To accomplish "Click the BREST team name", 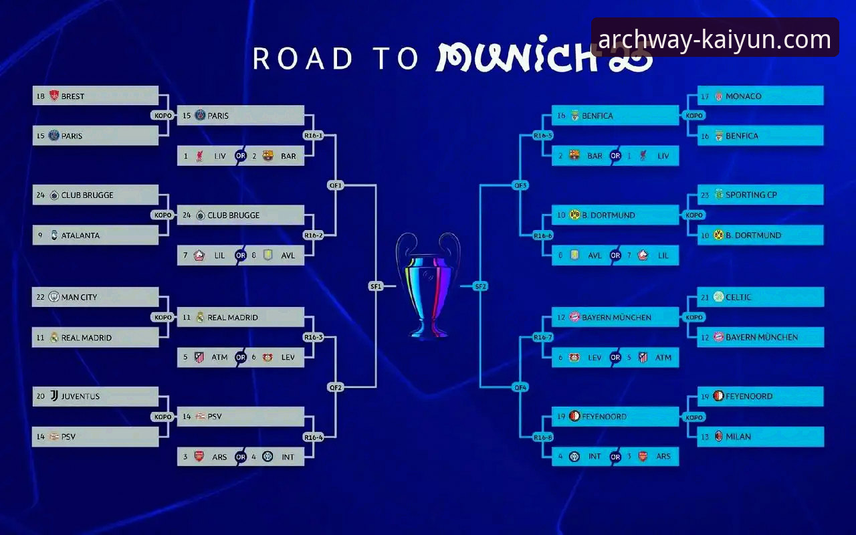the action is coord(73,96).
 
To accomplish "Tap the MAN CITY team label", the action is coord(79,298).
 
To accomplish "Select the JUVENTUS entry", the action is coord(80,397).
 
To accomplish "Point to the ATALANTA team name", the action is coord(80,235).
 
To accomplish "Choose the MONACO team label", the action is coord(743,96).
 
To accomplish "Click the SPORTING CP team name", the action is coord(751,195).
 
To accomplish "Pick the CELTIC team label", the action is coord(738,298).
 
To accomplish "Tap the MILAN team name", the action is coord(738,437).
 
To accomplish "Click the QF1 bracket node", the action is coord(336,185).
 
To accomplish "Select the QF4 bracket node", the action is coord(520,387).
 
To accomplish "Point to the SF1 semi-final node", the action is coord(376,286).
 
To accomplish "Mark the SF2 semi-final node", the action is coord(480,286).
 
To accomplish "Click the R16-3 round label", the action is coord(314,337).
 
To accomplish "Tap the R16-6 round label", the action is coord(542,235).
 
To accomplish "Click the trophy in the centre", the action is coord(428,287).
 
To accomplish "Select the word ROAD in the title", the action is coord(302,58).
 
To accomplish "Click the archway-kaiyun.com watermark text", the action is coord(715,39).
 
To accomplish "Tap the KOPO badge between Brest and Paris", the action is coord(163,116).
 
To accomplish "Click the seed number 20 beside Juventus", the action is coord(41,397).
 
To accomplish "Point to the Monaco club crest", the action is coord(718,96).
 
